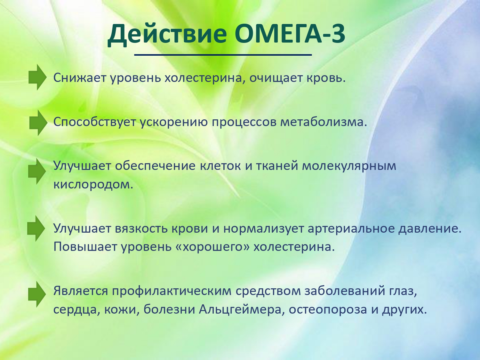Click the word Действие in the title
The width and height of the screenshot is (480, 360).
(x=167, y=34)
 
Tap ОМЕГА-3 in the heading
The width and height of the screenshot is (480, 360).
(x=290, y=33)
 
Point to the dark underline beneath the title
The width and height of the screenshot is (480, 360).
(x=223, y=55)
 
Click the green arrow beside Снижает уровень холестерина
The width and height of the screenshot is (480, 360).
(x=37, y=77)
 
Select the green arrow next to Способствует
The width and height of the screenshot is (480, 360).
(x=38, y=123)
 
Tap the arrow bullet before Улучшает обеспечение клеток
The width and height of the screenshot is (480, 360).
(x=37, y=172)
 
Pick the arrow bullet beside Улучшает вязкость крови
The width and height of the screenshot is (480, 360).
(x=36, y=228)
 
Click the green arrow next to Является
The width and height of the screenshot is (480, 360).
(x=37, y=294)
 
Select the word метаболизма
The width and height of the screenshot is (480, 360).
(x=324, y=122)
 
